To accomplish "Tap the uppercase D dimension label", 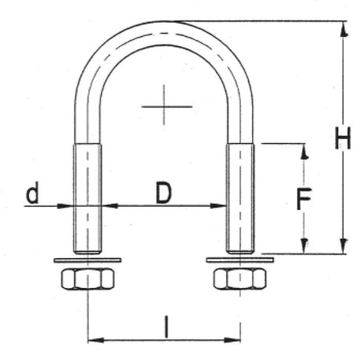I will point(163,193).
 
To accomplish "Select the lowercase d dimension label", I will point(32,193).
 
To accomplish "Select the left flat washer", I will point(87,258).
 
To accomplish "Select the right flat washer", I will point(239,258).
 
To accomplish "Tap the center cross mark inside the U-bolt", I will point(164,105).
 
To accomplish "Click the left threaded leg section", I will point(87,196).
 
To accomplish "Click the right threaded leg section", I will point(239,196).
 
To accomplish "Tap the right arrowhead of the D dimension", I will point(220,207).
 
